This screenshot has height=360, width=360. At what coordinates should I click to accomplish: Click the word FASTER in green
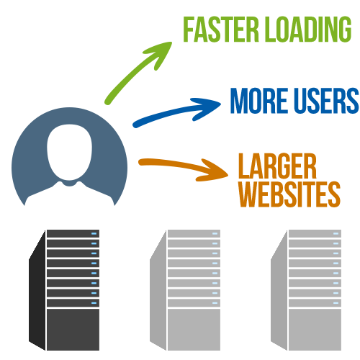(221, 30)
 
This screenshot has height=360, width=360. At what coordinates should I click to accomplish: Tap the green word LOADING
(310, 30)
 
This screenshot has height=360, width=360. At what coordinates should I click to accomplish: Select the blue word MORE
(259, 100)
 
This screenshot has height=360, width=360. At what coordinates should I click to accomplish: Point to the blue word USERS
(327, 100)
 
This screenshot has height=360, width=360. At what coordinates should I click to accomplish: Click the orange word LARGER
(277, 166)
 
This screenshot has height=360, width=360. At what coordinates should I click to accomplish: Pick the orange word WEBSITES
(289, 194)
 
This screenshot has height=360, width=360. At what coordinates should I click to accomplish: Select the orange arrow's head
(214, 171)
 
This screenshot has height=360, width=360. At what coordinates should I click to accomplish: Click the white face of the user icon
(69, 152)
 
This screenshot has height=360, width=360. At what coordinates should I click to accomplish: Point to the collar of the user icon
(69, 184)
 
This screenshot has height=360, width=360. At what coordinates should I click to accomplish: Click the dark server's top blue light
(94, 233)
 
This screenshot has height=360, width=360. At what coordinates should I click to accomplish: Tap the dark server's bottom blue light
(94, 303)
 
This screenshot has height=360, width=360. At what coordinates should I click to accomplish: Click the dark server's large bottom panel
(73, 330)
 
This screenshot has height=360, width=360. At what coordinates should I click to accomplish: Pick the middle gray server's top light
(215, 233)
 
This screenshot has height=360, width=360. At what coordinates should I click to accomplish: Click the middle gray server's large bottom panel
(194, 330)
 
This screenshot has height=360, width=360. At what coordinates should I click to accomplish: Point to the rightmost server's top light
(336, 233)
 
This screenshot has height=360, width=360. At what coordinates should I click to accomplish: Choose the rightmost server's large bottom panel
(315, 330)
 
